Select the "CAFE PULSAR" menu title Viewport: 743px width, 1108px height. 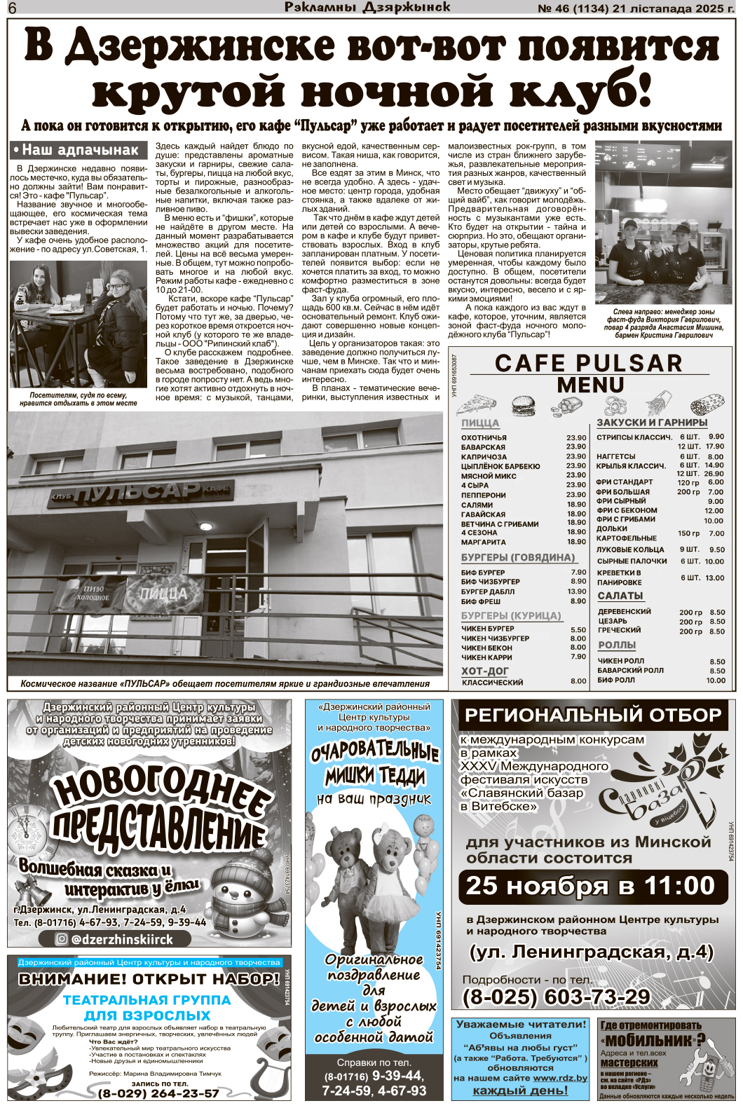point(589,363)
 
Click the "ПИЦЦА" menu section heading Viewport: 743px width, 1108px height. point(480,423)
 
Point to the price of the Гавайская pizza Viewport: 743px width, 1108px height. point(576,514)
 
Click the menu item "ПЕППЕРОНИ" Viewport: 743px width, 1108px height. point(484,495)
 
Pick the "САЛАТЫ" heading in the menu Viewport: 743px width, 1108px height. point(620,596)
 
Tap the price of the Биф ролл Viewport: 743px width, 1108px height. point(716,680)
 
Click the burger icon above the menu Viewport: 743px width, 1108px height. point(523,406)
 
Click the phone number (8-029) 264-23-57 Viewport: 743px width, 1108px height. point(158,1093)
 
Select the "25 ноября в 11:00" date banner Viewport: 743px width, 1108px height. point(590,886)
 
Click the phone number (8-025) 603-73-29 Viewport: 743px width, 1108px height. point(556,997)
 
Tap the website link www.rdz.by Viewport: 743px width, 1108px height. point(560,1078)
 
